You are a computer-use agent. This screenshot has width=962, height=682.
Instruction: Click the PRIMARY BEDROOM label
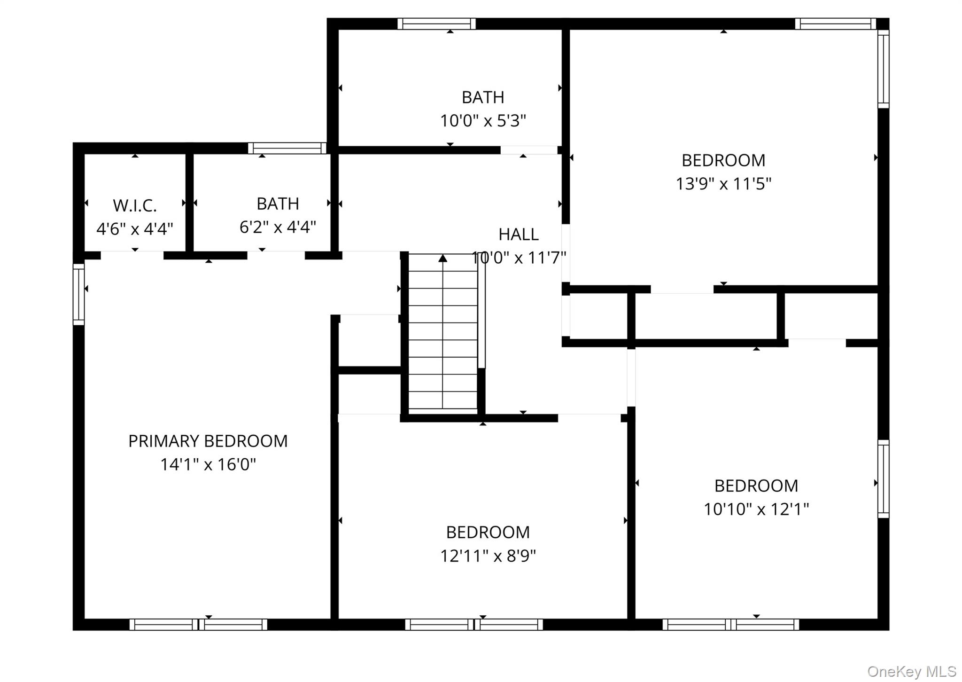tap(208, 441)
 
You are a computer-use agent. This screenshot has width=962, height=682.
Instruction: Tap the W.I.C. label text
tap(135, 205)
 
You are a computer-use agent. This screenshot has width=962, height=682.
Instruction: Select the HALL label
tap(518, 234)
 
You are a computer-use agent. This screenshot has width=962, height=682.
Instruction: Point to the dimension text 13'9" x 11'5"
tap(723, 183)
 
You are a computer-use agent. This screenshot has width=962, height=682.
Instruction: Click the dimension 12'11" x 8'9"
tap(488, 556)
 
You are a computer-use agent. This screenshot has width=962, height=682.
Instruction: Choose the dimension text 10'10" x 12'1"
tap(756, 509)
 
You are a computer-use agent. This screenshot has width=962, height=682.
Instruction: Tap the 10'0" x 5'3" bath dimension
tap(483, 121)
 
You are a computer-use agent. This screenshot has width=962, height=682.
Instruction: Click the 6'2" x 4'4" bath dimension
tap(278, 227)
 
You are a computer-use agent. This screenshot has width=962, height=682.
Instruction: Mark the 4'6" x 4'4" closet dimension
tap(135, 229)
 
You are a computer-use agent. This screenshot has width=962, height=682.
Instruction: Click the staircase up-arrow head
tap(442, 258)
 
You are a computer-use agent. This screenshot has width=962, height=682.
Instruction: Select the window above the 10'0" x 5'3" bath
tap(436, 24)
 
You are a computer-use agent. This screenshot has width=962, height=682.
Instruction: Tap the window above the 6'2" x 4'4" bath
tap(287, 149)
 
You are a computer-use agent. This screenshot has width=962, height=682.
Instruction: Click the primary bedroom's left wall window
tap(78, 294)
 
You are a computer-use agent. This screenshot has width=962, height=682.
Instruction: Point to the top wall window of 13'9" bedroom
tap(835, 24)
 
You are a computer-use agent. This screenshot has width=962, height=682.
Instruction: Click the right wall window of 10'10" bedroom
tap(884, 479)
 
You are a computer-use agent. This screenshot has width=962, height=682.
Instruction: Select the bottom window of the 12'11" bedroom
tap(474, 624)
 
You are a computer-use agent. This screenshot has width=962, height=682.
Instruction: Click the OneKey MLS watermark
tap(912, 671)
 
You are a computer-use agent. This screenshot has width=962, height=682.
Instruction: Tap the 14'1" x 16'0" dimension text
tap(208, 464)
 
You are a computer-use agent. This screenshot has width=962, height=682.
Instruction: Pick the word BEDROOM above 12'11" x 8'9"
tap(488, 533)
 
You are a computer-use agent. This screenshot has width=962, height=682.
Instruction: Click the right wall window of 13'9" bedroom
tap(884, 69)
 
